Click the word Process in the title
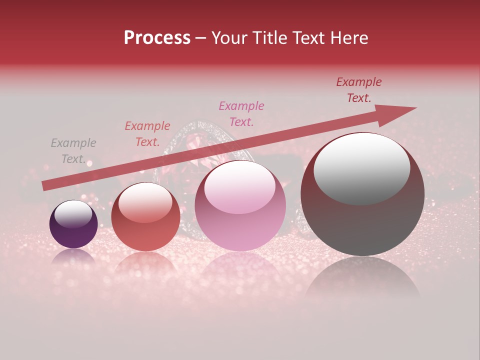tap(157, 38)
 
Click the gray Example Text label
tap(73, 151)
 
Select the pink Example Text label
tap(241, 113)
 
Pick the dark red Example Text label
tap(358, 90)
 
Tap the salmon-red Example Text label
tap(147, 133)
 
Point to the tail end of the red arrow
tap(46, 186)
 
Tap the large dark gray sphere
tap(362, 225)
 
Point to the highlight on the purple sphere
tap(73, 214)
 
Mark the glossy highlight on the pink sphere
tap(239, 187)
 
